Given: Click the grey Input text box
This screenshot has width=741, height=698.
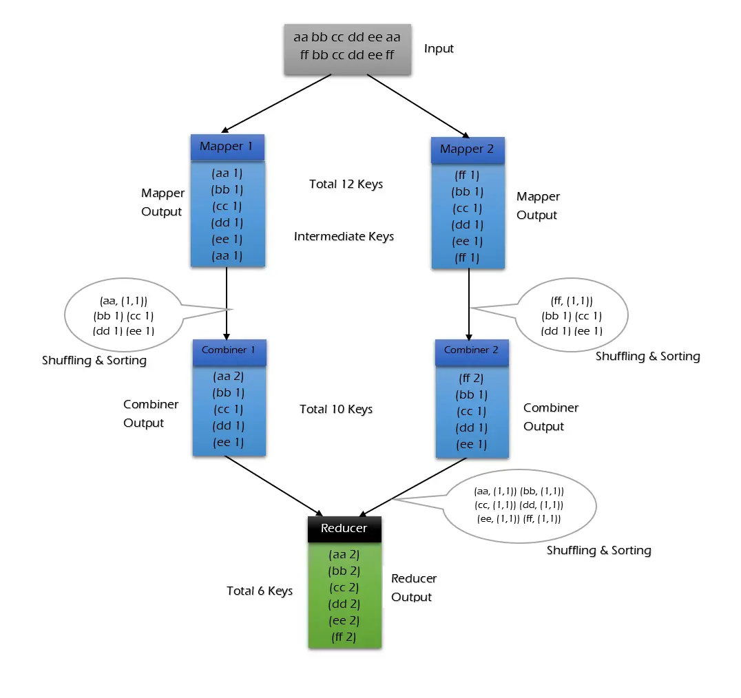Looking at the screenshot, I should (x=348, y=49).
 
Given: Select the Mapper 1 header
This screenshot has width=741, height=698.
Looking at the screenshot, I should (x=227, y=147).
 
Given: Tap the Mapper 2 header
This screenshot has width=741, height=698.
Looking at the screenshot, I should (x=467, y=149).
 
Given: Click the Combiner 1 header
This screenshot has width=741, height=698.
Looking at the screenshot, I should (x=229, y=350).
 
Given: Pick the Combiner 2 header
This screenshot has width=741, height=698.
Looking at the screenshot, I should (x=471, y=350).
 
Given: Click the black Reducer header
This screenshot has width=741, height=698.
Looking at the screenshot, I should (x=344, y=529).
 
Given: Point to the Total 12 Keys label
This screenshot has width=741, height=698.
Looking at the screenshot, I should (x=346, y=184).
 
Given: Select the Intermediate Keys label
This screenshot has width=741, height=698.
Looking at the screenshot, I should (x=344, y=237).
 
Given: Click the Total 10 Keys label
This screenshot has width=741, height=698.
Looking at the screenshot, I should (x=336, y=410).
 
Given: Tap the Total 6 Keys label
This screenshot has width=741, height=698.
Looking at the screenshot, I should (x=260, y=591).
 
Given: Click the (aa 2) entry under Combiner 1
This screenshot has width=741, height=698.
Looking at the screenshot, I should (x=229, y=377).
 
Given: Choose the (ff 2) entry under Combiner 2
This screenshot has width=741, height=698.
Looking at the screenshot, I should (x=471, y=378).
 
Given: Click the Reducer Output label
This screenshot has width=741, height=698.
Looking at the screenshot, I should (x=413, y=588).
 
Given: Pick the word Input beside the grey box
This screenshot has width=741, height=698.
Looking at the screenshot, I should (x=439, y=49).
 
